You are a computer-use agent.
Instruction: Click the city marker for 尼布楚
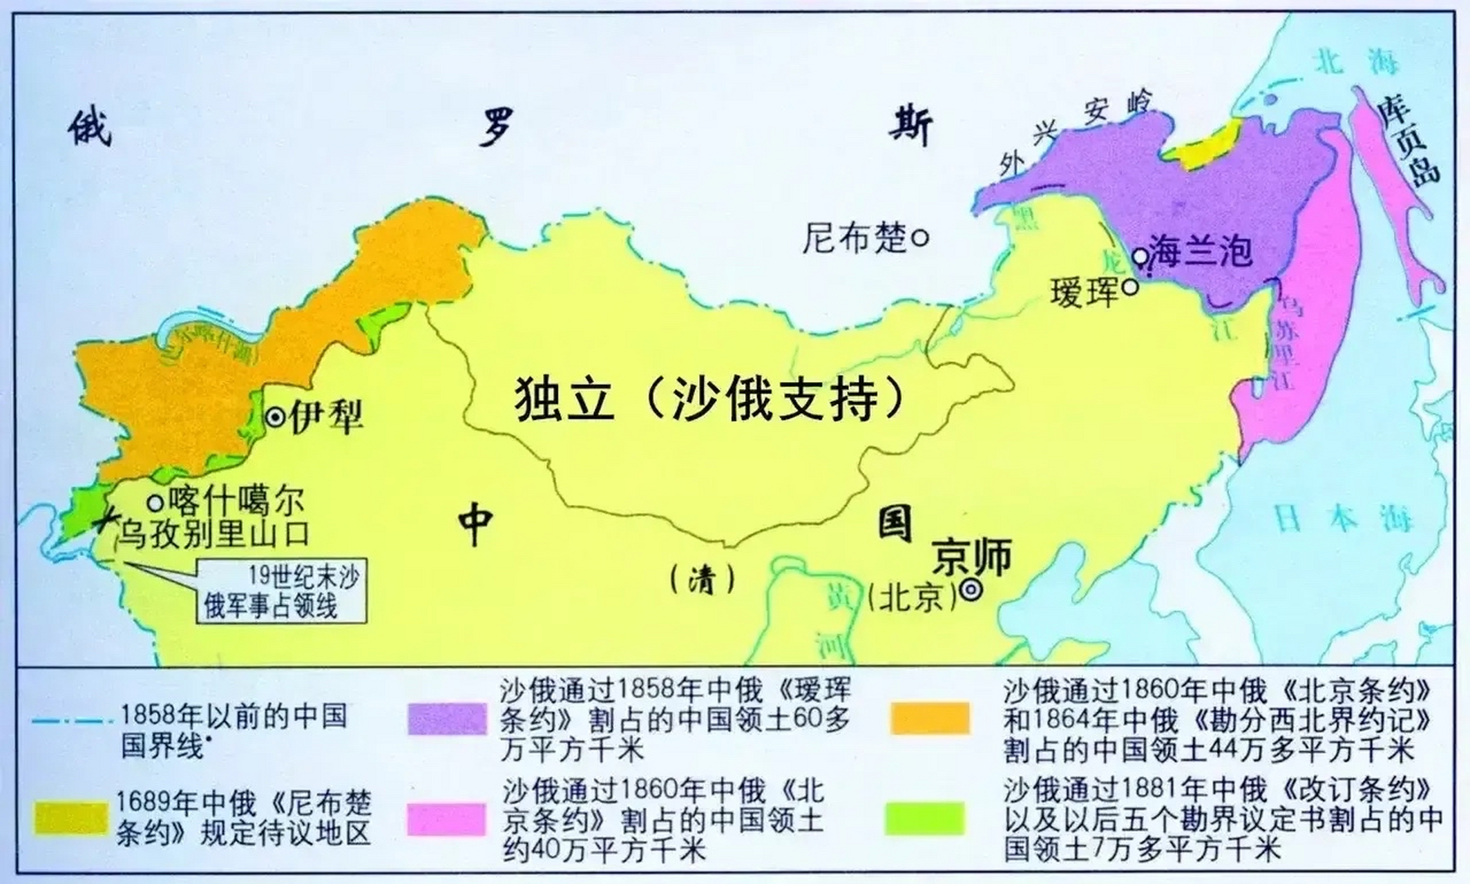(x=920, y=238)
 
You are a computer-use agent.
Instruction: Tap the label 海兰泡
(x=1200, y=251)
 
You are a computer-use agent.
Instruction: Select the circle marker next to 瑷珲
(x=1130, y=287)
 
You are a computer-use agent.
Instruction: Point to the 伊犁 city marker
(x=276, y=417)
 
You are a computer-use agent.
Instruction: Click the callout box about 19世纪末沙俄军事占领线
(x=281, y=591)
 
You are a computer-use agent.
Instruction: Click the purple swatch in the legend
(x=447, y=719)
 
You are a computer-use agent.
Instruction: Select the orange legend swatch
(x=929, y=718)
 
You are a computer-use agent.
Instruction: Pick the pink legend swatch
(x=446, y=819)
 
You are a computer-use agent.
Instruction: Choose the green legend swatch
(x=925, y=819)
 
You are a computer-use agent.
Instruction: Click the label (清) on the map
(x=702, y=580)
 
